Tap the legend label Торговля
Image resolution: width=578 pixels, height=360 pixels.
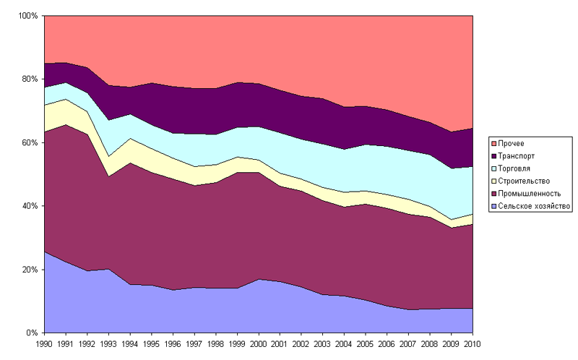pyautogui.click(x=515, y=168)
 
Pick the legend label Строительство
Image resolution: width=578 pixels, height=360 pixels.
pyautogui.click(x=525, y=180)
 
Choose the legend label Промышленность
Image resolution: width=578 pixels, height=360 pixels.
pyautogui.click(x=530, y=193)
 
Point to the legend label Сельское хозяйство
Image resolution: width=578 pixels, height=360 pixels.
pyautogui.click(x=533, y=205)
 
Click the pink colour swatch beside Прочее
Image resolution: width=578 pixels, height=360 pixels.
pyautogui.click(x=494, y=143)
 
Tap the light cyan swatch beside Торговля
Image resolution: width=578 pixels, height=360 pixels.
pyautogui.click(x=494, y=168)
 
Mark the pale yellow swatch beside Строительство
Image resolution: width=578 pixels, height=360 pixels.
pyautogui.click(x=494, y=180)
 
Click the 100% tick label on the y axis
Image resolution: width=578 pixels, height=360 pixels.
pyautogui.click(x=29, y=15)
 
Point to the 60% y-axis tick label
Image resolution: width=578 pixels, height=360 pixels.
pyautogui.click(x=31, y=142)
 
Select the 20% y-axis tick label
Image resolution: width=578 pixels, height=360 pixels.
pyautogui.click(x=31, y=270)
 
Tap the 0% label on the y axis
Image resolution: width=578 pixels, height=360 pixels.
pyautogui.click(x=33, y=333)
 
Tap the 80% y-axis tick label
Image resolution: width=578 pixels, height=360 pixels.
pyautogui.click(x=31, y=79)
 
